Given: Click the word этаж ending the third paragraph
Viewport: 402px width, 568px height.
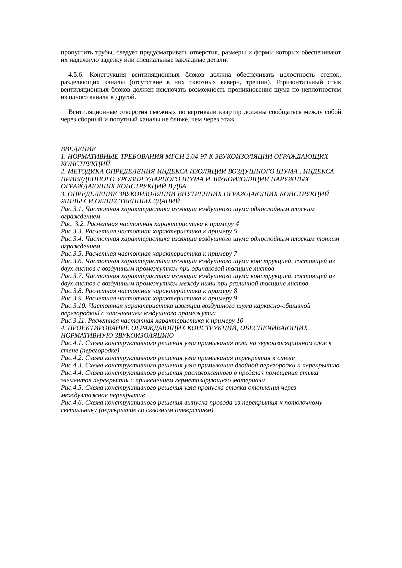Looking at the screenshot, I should (x=228, y=120).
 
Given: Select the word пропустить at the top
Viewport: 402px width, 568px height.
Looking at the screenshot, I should (x=74, y=52).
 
